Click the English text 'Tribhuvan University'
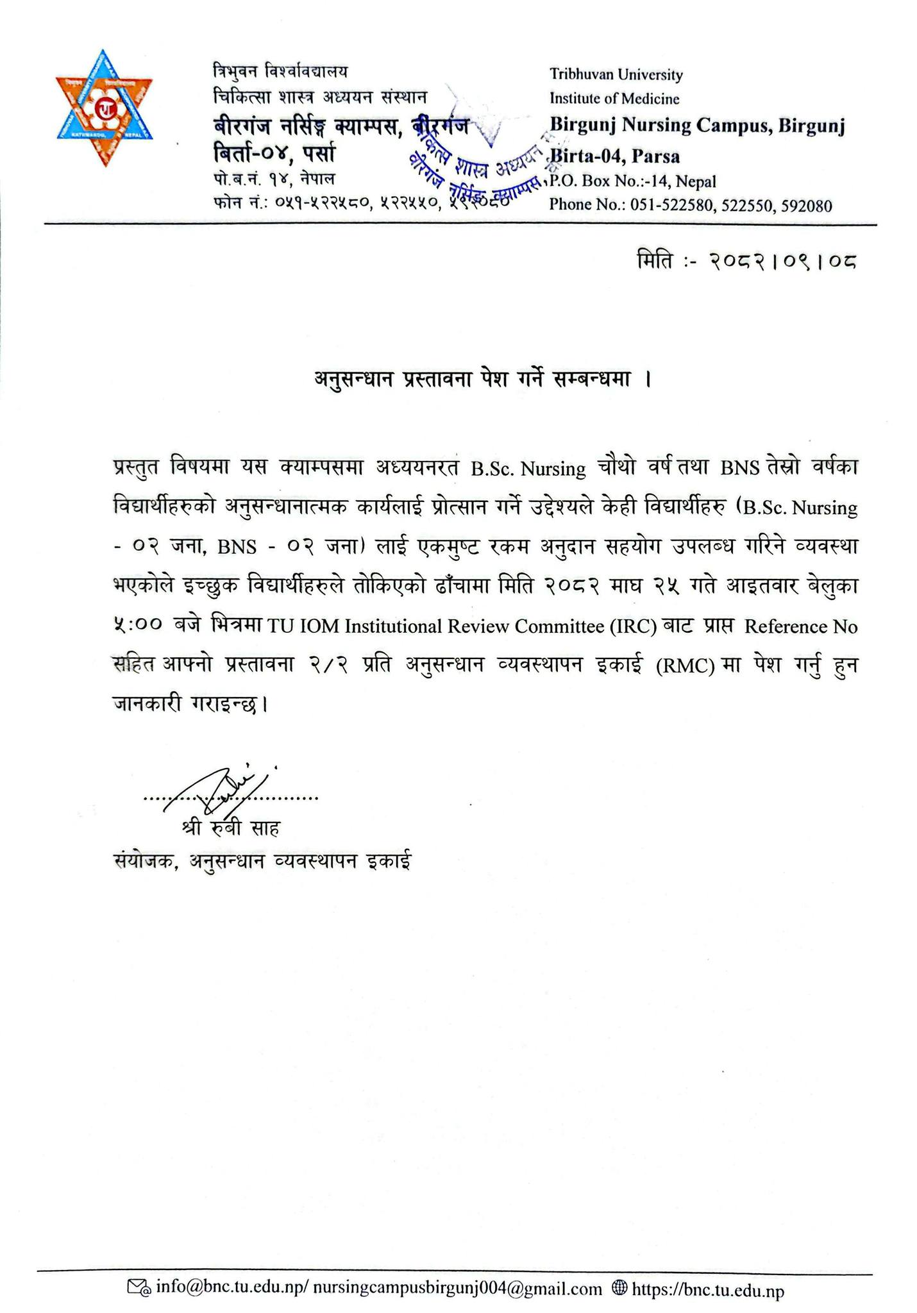point(616,75)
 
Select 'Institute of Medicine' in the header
point(614,99)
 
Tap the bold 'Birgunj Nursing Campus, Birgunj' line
point(697,126)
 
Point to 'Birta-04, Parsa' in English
point(615,156)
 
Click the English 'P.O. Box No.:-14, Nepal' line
point(632,182)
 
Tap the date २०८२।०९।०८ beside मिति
point(782,261)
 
